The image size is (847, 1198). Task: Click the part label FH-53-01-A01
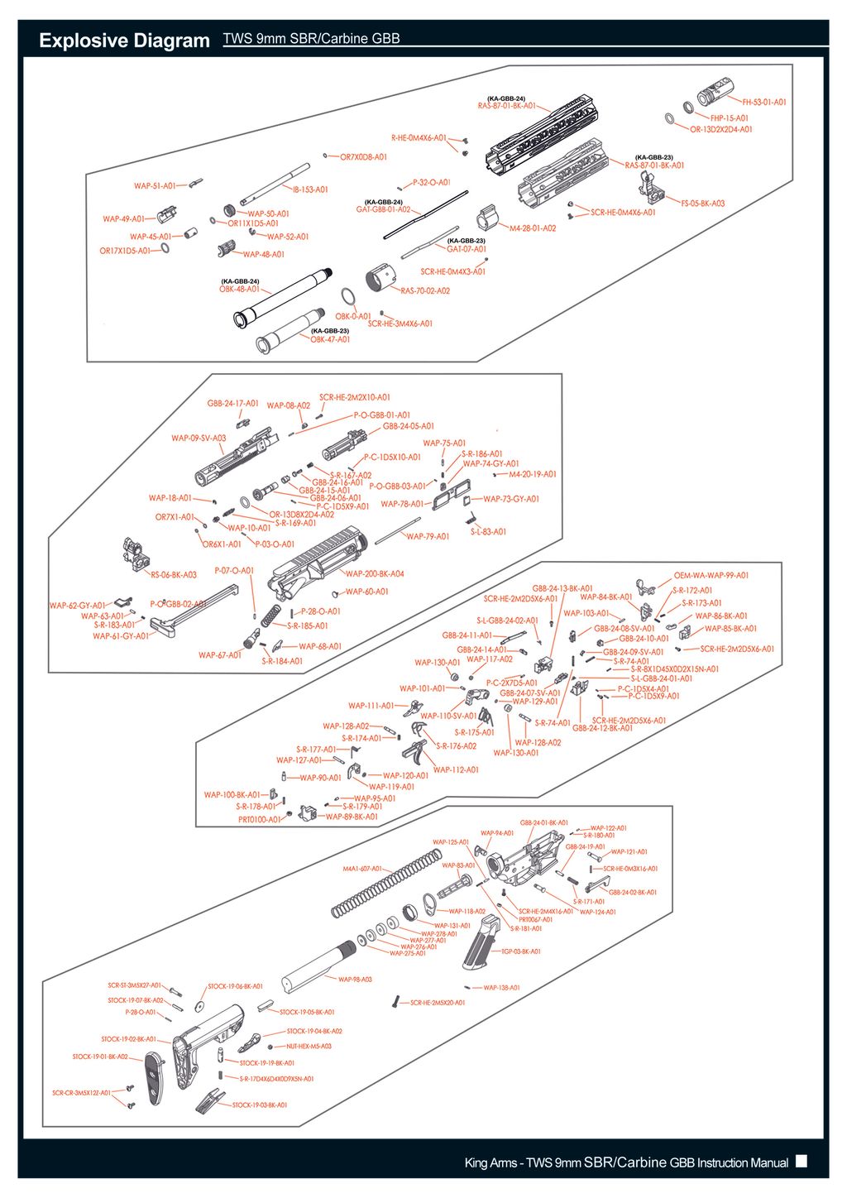pyautogui.click(x=763, y=103)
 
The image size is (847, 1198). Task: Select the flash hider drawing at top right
pyautogui.click(x=713, y=91)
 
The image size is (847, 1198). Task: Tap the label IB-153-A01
pyautogui.click(x=310, y=189)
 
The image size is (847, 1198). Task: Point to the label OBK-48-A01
pyautogui.click(x=240, y=290)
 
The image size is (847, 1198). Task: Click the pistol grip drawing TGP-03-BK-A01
pyautogui.click(x=481, y=942)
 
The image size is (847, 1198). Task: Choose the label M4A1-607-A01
pyautogui.click(x=362, y=869)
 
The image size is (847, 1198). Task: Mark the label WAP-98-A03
pyautogui.click(x=355, y=980)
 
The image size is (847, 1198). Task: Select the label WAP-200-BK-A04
pyautogui.click(x=375, y=573)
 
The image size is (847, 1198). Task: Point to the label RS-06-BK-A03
pyautogui.click(x=174, y=574)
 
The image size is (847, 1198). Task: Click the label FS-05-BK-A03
pyautogui.click(x=702, y=204)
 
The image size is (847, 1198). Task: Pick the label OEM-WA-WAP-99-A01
pyautogui.click(x=711, y=575)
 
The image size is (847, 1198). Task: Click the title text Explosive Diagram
pyautogui.click(x=124, y=41)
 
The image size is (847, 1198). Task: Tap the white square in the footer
pyautogui.click(x=801, y=1161)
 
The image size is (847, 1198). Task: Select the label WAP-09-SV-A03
pyautogui.click(x=199, y=438)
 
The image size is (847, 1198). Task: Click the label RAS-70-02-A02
pyautogui.click(x=425, y=290)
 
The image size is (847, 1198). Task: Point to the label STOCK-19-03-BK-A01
pyautogui.click(x=260, y=1105)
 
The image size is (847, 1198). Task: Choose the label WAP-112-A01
pyautogui.click(x=456, y=769)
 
